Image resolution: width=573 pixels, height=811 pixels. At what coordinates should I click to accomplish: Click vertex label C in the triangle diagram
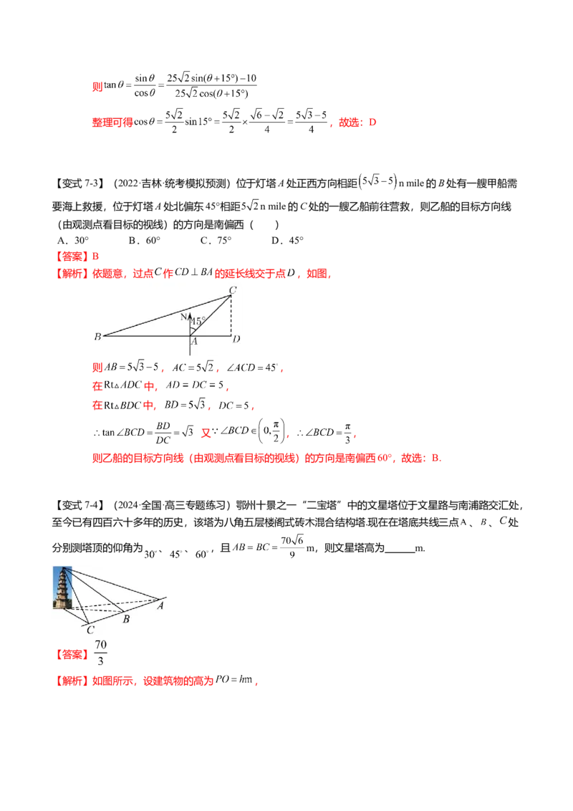coord(233,289)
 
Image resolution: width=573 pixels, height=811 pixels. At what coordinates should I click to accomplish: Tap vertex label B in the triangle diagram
coord(97,336)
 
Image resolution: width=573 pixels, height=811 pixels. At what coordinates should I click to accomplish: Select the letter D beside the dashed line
coord(236,339)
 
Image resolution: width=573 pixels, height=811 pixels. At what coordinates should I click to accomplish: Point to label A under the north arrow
coord(194,341)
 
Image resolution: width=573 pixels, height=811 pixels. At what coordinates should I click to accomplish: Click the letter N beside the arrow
coord(183,317)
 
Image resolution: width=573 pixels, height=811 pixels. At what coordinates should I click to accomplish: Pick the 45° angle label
coord(198,321)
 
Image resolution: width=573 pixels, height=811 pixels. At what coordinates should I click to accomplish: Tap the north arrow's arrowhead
coord(190,313)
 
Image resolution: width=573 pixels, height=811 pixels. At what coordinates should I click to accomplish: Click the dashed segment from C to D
coord(231,315)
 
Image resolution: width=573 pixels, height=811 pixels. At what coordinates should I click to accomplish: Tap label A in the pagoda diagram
coord(160,605)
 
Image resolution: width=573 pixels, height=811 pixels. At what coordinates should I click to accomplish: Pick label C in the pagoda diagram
coord(90,630)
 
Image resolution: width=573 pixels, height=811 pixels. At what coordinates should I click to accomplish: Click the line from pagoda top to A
coord(115,582)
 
